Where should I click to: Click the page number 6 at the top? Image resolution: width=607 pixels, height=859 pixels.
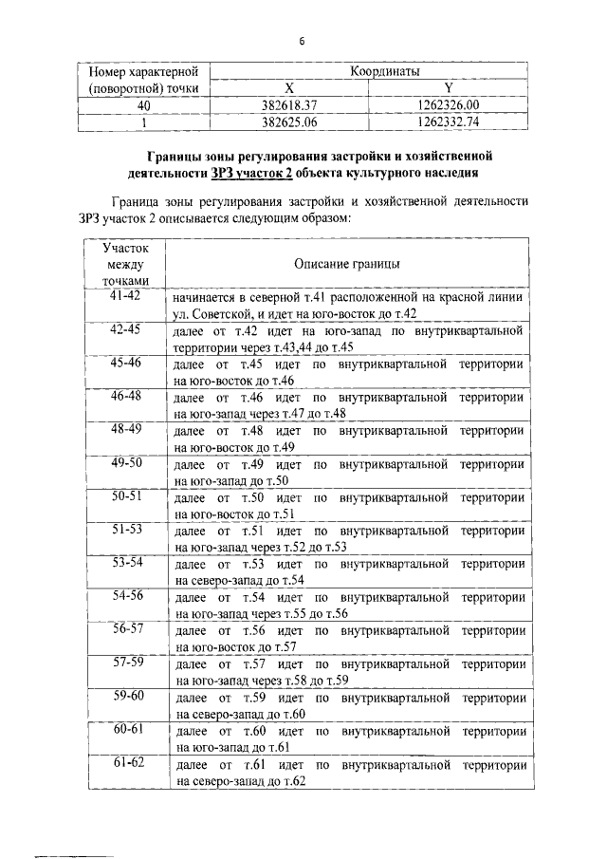click(x=302, y=41)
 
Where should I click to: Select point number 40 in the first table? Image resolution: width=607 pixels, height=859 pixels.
click(x=142, y=105)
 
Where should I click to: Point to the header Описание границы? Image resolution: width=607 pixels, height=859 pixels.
click(x=346, y=264)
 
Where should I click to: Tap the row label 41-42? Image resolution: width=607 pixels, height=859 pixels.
click(x=125, y=296)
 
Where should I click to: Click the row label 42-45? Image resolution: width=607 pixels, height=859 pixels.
click(x=125, y=329)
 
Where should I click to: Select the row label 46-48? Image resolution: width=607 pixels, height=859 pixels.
click(x=125, y=396)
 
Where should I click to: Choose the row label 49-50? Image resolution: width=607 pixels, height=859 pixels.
click(x=125, y=462)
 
